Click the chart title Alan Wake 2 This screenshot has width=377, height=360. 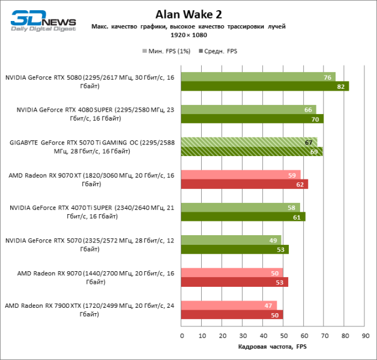pos(188,14)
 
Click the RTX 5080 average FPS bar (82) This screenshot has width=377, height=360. pos(265,86)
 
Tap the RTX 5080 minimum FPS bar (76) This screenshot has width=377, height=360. pos(258,77)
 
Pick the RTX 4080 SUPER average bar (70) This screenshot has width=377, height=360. pos(252,119)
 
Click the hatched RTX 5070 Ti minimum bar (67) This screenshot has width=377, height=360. pos(249,142)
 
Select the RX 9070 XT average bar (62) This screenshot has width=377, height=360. pos(244,184)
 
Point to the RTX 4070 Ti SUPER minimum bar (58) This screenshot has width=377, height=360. pos(240,207)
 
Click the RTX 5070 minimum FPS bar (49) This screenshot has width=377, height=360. pos(231,239)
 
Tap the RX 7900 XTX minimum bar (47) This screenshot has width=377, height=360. pos(229,305)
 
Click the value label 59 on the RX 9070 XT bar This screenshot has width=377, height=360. pos(292,175)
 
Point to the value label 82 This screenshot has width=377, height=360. pos(342,87)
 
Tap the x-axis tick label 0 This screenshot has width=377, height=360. pos(181,336)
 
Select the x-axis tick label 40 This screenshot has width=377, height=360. pos(263,336)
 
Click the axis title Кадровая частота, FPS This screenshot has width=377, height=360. pos(273,347)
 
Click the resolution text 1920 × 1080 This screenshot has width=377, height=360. pos(188,36)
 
